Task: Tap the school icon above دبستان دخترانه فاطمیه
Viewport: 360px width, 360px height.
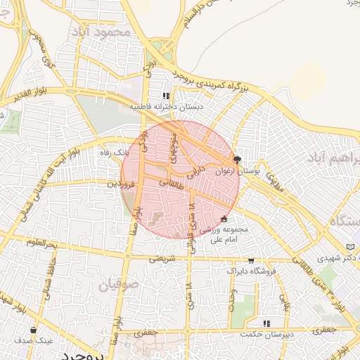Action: (x=166, y=96)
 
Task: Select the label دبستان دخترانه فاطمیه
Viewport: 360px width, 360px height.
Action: (x=166, y=107)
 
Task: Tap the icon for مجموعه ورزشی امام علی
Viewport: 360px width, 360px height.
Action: (x=224, y=219)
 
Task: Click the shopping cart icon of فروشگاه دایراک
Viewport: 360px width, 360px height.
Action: (x=251, y=261)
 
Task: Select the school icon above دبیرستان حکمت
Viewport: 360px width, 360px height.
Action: (x=265, y=323)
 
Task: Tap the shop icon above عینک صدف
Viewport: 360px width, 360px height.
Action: (x=33, y=330)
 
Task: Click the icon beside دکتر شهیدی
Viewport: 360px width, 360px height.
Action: (x=350, y=247)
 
